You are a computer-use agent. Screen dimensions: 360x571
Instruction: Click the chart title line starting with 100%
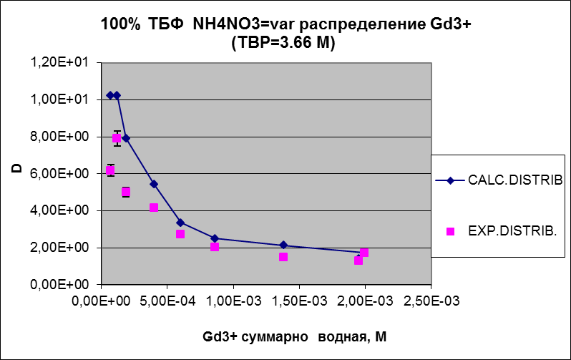[x=285, y=26]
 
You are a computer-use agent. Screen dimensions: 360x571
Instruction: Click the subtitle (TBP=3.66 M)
[x=284, y=43]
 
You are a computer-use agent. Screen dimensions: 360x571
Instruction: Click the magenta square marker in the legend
[x=451, y=231]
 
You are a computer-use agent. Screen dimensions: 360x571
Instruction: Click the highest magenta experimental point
[x=117, y=139]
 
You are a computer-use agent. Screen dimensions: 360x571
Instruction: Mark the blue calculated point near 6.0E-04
[x=180, y=223]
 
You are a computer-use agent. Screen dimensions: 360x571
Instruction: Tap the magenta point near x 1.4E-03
[x=283, y=257]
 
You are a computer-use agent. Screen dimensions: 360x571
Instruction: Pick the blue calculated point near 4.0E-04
[x=154, y=184]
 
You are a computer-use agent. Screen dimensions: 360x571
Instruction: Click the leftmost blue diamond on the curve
[x=110, y=95]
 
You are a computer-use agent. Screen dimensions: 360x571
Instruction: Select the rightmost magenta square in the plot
[x=364, y=253]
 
